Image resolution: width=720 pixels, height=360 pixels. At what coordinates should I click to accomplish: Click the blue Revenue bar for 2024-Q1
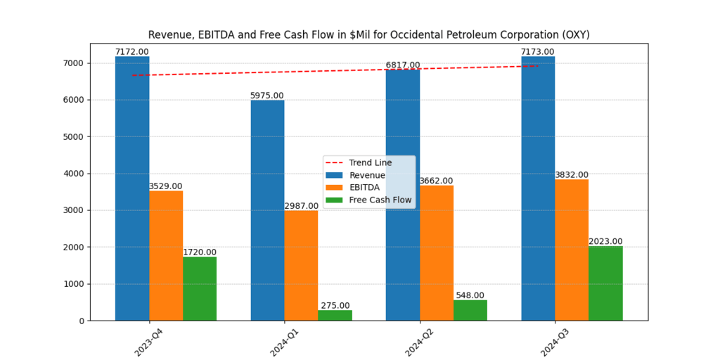click(267, 211)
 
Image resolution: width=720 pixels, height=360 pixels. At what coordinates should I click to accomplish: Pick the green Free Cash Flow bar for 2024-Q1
click(335, 315)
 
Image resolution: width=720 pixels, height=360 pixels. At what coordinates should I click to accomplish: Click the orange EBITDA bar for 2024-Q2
click(436, 253)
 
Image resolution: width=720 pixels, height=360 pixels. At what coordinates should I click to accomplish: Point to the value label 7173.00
click(537, 52)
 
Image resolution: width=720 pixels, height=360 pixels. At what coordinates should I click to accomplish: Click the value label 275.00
click(335, 306)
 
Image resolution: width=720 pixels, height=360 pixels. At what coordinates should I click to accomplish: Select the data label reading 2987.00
click(301, 206)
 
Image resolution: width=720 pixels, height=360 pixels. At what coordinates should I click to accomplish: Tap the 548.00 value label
click(470, 296)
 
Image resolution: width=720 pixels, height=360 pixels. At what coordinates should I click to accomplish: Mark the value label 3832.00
click(572, 175)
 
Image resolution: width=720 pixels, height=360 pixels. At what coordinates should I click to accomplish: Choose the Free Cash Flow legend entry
click(380, 200)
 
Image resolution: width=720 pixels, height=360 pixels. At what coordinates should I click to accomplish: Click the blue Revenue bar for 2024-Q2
click(403, 197)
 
